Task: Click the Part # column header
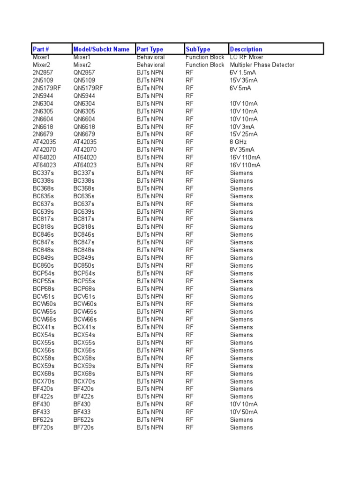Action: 41,49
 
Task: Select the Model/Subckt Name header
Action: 101,49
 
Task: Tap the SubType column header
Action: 198,49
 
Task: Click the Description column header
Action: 246,49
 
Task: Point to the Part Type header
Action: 150,49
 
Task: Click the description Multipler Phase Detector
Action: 262,65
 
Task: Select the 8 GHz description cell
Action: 238,142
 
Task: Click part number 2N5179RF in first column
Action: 47,88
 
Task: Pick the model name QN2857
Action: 84,73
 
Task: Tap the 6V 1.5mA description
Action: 242,73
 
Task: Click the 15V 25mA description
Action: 244,134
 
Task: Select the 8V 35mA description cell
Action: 242,150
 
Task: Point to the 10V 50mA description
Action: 244,412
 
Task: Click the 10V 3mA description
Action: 242,127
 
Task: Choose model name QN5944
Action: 84,96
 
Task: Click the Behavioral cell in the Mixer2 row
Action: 150,65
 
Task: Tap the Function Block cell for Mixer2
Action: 205,65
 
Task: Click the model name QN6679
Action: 84,134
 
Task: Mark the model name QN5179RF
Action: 88,88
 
